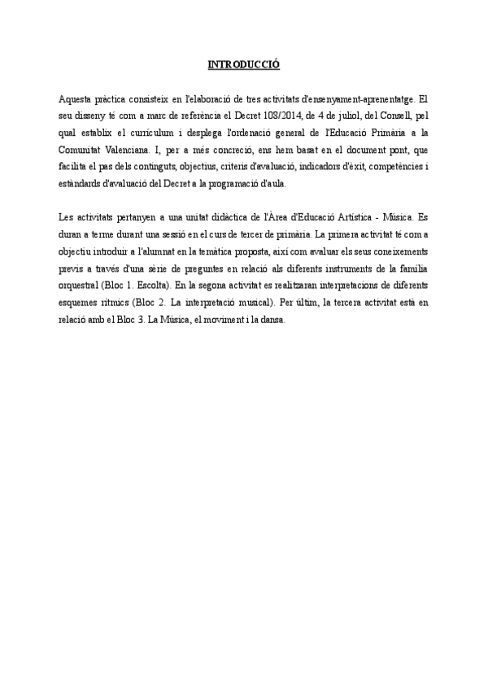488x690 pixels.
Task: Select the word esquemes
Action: tap(81, 307)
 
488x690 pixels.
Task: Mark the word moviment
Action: tap(221, 324)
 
